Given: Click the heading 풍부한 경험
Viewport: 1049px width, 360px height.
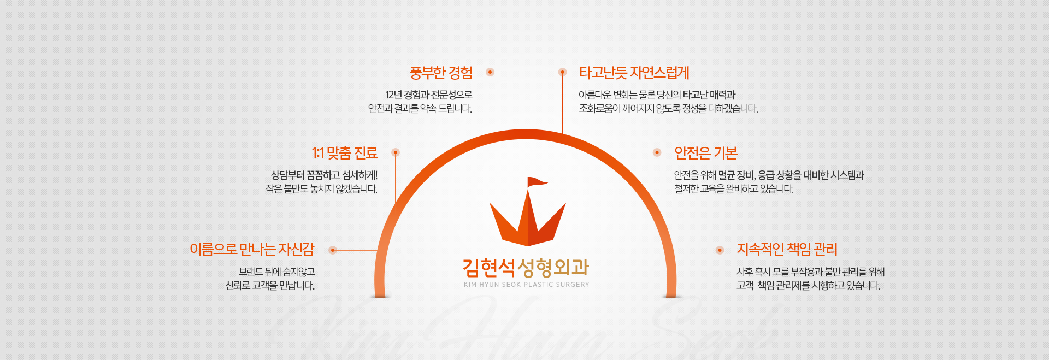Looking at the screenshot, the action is tap(441, 73).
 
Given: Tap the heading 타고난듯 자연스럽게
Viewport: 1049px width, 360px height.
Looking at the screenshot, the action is tap(634, 73).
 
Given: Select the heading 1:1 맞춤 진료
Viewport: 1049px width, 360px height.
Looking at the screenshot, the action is tap(345, 153).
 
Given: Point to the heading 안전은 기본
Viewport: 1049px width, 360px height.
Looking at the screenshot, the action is tap(706, 153).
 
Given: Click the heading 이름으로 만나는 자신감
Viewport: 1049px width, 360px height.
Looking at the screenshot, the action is tap(252, 249).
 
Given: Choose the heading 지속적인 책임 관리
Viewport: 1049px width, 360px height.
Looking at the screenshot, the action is tap(787, 249).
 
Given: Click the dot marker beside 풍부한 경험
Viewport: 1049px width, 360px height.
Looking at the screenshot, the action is tap(490, 72).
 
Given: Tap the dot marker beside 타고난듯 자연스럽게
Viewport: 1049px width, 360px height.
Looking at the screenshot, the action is tap(562, 72).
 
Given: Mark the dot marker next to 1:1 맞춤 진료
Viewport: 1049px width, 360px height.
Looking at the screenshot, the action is tap(396, 152).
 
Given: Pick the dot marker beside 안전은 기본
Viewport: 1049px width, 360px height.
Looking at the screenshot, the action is tap(657, 152).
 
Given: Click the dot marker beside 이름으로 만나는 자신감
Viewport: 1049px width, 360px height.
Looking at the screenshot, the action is tap(333, 250).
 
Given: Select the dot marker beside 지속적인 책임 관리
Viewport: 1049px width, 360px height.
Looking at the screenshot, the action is tap(720, 250).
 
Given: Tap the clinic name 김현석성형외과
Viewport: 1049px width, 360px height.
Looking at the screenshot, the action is tap(526, 267).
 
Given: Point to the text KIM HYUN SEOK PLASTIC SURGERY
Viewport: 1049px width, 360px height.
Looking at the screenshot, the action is tap(526, 285).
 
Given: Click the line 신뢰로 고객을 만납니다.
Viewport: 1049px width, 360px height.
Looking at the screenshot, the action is tap(270, 286).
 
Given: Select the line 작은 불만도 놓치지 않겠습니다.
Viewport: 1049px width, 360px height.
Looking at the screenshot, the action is tap(322, 189).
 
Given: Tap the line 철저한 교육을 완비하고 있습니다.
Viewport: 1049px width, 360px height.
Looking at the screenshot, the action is tap(734, 189).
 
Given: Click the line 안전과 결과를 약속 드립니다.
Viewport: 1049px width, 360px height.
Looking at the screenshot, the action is tap(420, 109).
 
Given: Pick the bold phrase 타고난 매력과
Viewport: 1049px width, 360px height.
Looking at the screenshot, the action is tap(709, 95).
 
